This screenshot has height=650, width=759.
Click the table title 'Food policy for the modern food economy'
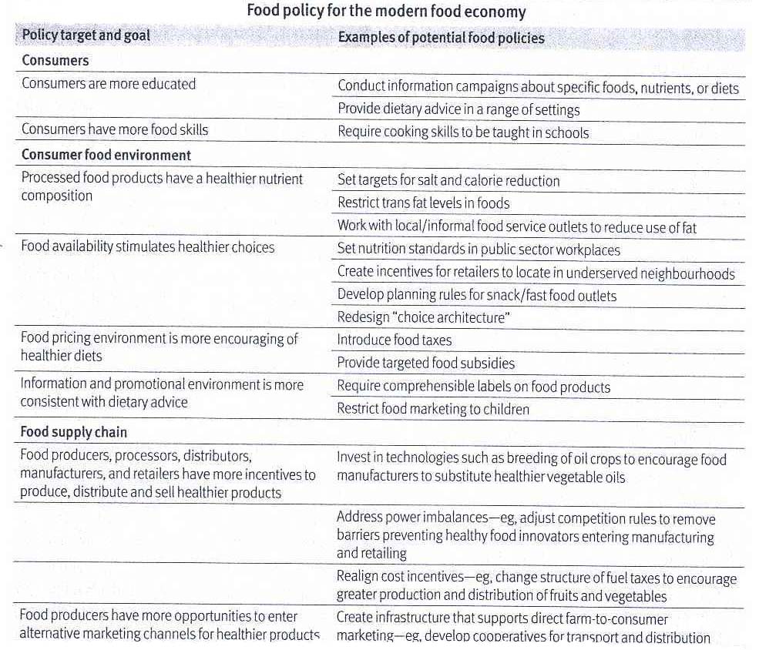386,12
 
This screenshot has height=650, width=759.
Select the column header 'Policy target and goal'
86,35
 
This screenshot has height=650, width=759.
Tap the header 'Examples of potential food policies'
441,38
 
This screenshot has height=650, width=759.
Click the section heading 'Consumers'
55,60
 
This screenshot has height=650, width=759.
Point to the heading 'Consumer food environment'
106,155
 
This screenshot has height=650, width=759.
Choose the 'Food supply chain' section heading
74,432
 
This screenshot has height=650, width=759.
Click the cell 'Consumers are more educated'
109,84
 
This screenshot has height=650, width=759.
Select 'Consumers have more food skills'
115,129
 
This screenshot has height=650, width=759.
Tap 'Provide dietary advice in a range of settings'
458,109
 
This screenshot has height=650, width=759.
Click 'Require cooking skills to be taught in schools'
463,132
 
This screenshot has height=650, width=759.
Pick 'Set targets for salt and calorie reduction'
448,181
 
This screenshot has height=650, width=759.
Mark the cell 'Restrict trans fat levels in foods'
423,203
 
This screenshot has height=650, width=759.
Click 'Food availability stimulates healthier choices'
147,247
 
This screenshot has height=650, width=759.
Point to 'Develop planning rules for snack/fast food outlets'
476,295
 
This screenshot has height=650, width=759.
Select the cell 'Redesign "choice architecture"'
424,317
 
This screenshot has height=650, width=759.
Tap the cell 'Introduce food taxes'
395,340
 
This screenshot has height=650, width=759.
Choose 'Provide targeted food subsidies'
425,363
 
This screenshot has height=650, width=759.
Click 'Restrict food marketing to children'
433,409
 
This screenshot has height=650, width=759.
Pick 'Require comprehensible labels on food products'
473,387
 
